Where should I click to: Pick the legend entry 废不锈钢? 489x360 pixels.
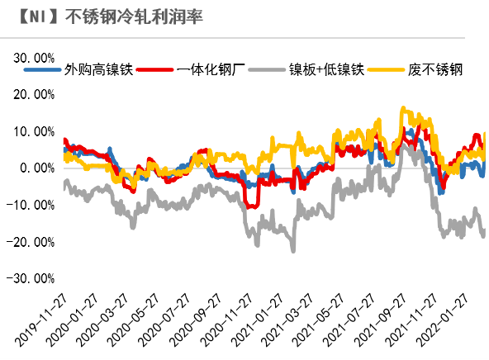coord(434,70)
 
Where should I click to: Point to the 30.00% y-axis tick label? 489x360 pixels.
coord(32,58)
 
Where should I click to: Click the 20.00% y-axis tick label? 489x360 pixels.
coord(32,94)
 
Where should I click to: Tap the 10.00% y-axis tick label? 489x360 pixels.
coord(32,131)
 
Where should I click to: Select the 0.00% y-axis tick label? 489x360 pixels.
coord(36,168)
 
